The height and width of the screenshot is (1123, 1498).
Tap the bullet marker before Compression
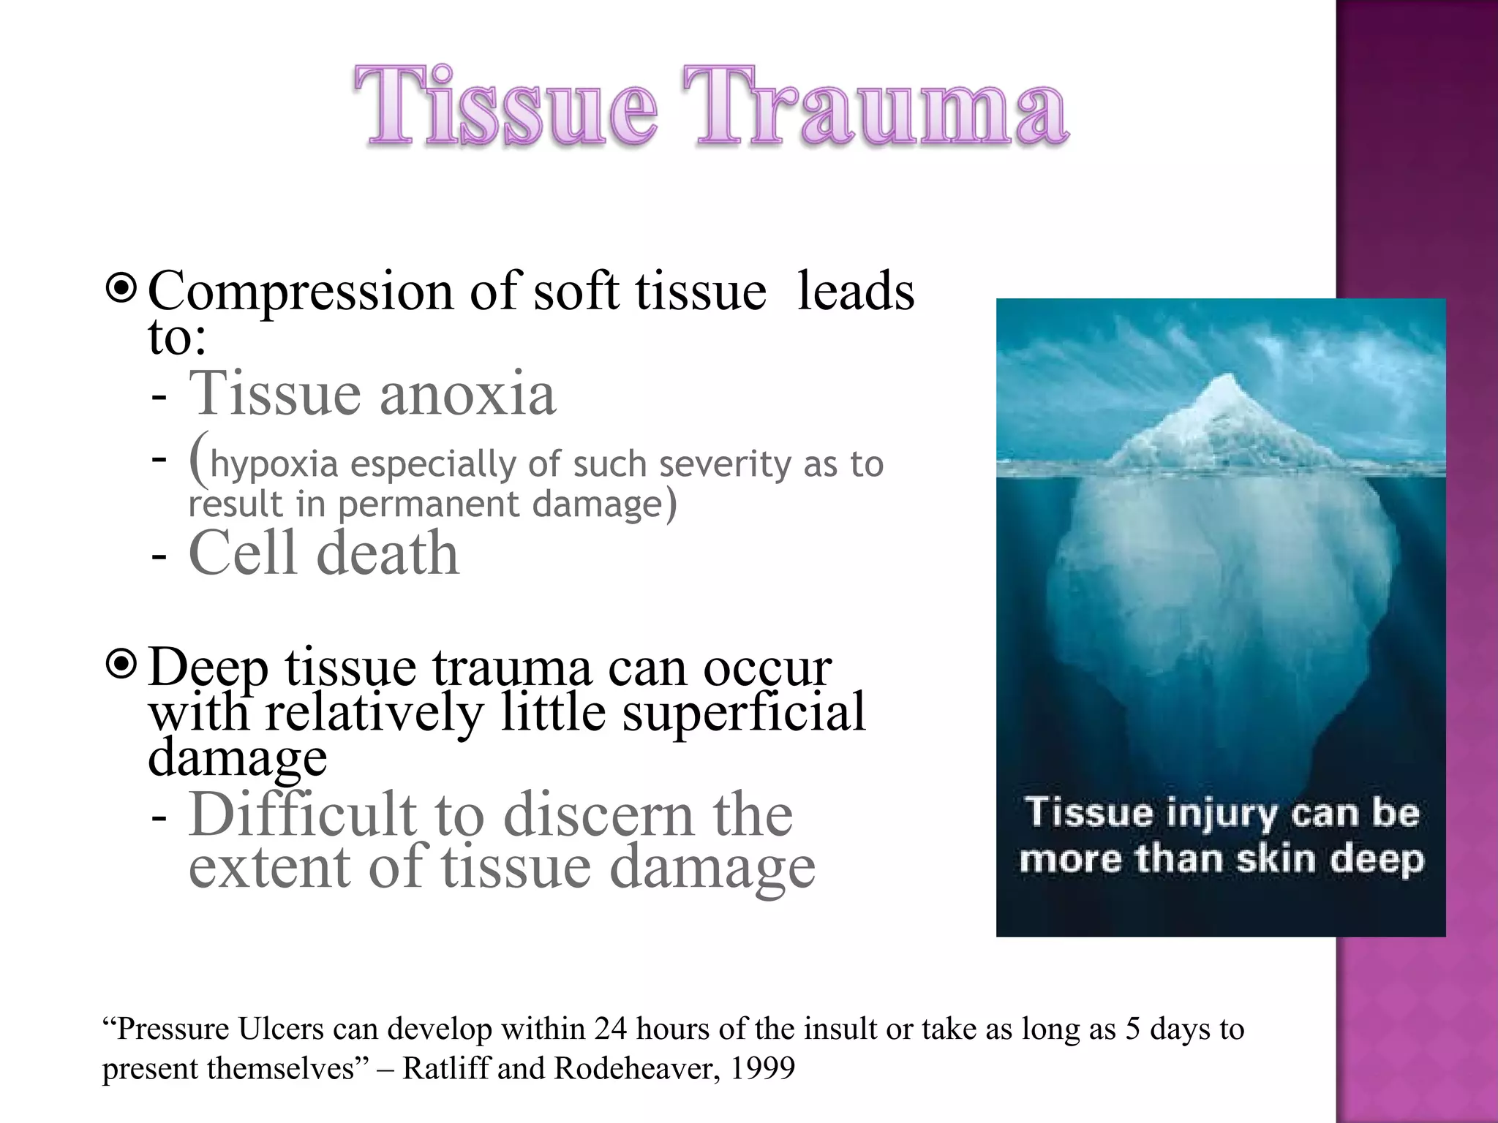(x=121, y=289)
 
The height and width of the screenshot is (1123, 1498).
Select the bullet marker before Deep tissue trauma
(x=121, y=665)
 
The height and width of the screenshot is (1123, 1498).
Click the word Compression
(x=300, y=291)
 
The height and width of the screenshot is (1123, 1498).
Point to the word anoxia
(x=467, y=394)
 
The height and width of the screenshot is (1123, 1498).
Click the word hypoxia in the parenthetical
(x=274, y=465)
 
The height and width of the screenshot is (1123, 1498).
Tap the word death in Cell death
(x=388, y=553)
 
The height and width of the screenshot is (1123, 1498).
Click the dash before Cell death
(x=159, y=556)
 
